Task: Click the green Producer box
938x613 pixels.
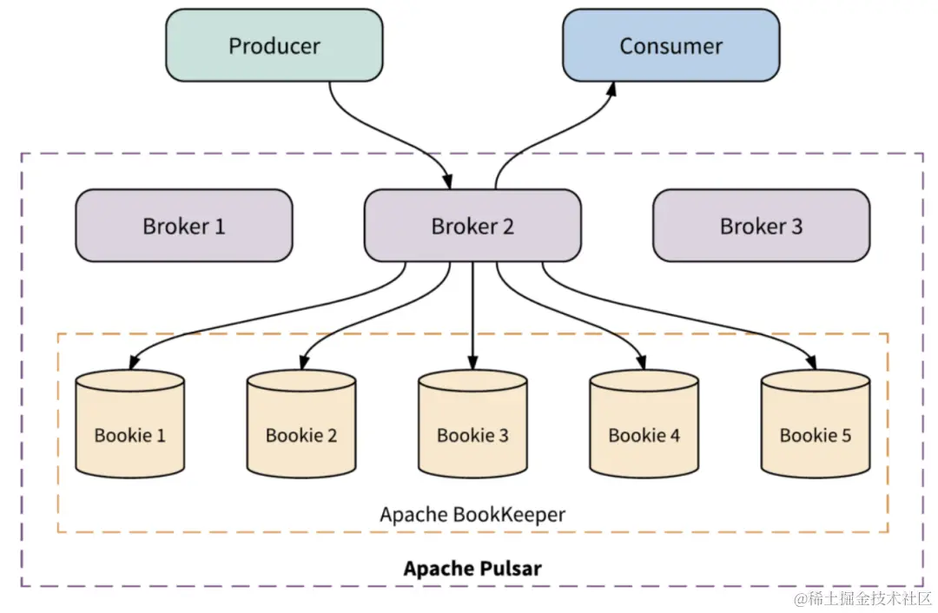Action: point(274,45)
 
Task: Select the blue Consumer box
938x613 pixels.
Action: point(670,45)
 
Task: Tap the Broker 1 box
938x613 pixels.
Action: point(183,226)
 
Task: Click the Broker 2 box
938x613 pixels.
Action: point(472,226)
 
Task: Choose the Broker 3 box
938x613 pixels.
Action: point(761,226)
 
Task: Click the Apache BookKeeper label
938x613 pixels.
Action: point(472,514)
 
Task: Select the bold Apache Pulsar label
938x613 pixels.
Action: point(472,569)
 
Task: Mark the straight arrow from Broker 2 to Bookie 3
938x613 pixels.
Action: point(472,313)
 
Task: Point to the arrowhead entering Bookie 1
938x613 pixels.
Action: point(133,363)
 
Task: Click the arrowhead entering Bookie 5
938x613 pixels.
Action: point(813,363)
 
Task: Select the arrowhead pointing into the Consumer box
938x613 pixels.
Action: point(612,89)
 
